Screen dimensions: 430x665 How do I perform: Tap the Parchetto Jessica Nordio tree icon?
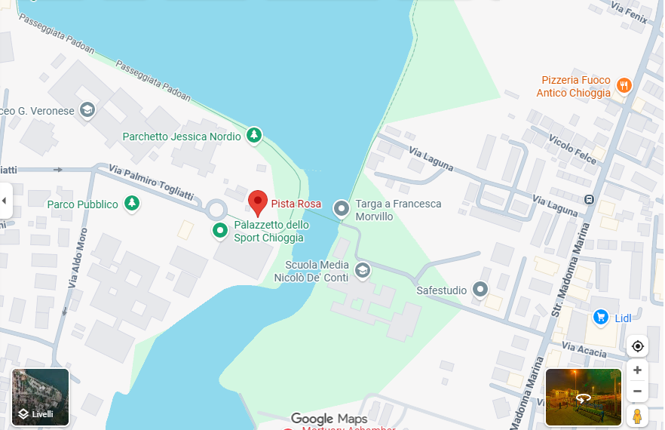(255, 135)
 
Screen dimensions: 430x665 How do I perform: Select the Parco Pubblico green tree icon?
(132, 203)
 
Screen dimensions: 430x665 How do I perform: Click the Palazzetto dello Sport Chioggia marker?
(219, 230)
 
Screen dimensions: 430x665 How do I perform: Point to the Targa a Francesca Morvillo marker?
(342, 208)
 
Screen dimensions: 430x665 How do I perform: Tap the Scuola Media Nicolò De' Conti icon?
(363, 270)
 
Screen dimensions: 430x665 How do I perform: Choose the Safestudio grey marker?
(480, 289)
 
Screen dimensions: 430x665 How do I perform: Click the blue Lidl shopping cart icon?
(601, 317)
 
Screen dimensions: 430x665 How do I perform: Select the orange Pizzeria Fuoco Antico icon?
(624, 85)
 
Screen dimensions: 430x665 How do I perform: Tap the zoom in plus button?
(638, 370)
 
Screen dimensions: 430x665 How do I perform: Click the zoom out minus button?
(638, 391)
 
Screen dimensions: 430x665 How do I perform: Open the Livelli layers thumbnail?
(41, 397)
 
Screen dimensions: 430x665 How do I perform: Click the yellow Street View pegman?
(638, 416)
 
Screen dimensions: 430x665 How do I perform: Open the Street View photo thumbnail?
(583, 397)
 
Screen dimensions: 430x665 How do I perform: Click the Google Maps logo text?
(329, 419)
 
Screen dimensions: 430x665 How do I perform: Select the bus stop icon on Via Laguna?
(588, 200)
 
